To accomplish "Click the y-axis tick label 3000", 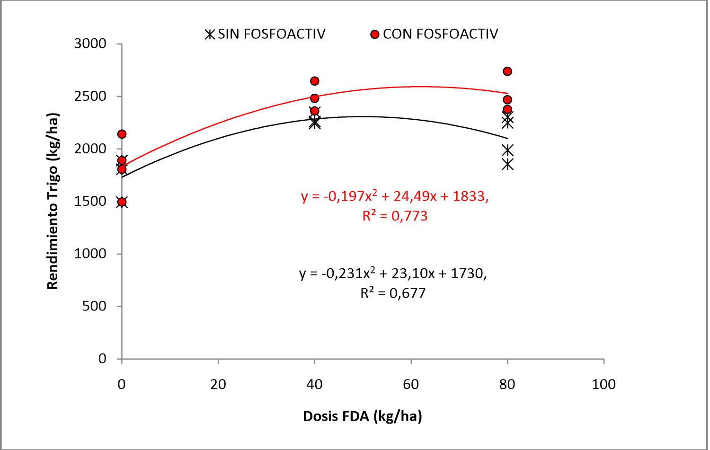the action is tap(90, 44).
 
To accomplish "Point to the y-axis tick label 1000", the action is tap(90, 254).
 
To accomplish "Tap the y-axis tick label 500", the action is tap(94, 306).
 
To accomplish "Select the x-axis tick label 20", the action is tap(218, 384).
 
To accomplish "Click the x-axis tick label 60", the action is tap(411, 384).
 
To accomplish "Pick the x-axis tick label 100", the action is tap(603, 384).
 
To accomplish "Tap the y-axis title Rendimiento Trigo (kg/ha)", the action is tap(53, 201).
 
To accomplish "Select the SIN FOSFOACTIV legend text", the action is tap(272, 34).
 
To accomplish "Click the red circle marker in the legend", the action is tap(375, 35).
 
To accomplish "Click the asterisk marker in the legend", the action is tap(210, 35).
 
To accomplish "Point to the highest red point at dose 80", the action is tap(507, 71).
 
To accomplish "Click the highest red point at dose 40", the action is tap(314, 81).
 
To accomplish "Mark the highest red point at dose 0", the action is tap(122, 134).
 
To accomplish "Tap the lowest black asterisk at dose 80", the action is tap(507, 165).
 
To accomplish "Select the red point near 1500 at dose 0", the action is tap(122, 202).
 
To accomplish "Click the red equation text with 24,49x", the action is tap(395, 196).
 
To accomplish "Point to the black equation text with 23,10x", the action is tap(393, 273).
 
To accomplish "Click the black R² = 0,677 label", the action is tap(393, 293).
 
